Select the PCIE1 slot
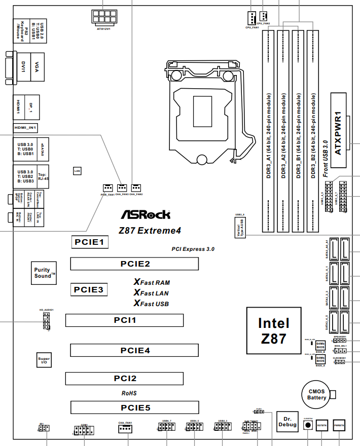(89, 242)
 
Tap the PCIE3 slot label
(89, 290)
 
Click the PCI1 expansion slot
(124, 320)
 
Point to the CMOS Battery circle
(316, 394)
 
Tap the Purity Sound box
(43, 273)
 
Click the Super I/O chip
(44, 360)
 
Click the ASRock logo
(145, 214)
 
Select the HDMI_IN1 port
(26, 128)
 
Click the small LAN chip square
(78, 171)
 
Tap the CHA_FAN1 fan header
(125, 429)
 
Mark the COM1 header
(84, 431)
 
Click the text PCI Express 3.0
(193, 249)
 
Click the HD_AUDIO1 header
(46, 320)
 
